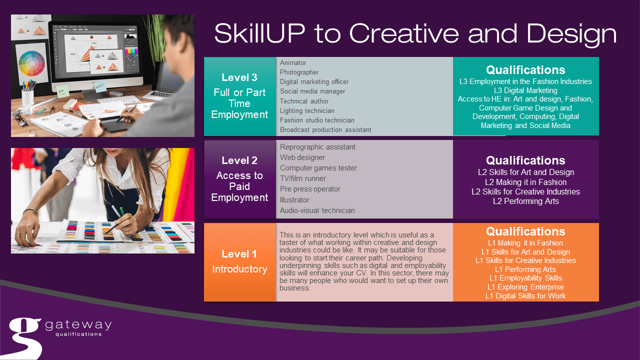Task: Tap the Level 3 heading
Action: pos(239,77)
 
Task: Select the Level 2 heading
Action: pos(239,160)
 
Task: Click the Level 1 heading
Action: pos(239,253)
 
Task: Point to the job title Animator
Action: pos(293,62)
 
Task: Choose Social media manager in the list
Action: pos(312,91)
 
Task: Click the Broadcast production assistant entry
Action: pos(325,129)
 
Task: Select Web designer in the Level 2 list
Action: pos(302,157)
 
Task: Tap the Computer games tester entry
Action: pos(318,168)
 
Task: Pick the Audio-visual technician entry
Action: pos(317,210)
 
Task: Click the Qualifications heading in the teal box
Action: pos(525,70)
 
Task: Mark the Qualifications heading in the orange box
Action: pos(525,231)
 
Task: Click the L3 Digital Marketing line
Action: pos(525,90)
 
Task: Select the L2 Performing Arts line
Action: pos(525,201)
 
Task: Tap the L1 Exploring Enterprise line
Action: pos(525,287)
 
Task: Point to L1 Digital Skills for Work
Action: pos(525,296)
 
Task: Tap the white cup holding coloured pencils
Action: pos(28,96)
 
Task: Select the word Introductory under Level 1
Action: pos(239,269)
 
